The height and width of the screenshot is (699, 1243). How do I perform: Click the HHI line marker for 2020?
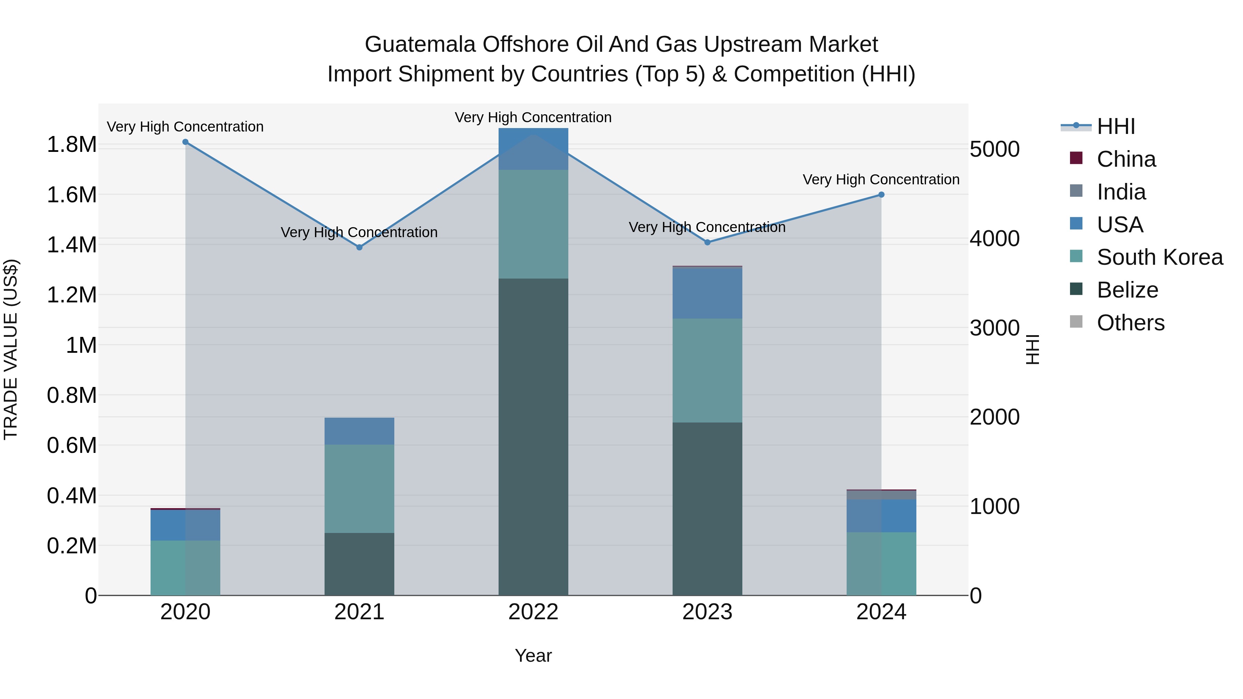(185, 142)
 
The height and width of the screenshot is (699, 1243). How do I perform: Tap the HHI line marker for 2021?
(359, 247)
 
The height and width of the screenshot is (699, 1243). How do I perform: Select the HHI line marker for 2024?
(881, 195)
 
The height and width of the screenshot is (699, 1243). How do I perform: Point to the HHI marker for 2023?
(707, 243)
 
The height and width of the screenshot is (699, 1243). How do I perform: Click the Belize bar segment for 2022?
(533, 437)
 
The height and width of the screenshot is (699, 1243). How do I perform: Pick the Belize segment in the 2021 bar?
(359, 564)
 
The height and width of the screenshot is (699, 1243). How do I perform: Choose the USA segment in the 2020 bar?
(185, 525)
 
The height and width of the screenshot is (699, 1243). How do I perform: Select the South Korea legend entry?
(1159, 257)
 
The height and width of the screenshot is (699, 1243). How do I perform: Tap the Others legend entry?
(1130, 323)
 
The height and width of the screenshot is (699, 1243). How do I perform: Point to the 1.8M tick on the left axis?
(71, 145)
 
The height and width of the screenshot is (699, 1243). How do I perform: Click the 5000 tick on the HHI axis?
(994, 149)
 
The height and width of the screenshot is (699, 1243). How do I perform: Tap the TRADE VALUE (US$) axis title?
(11, 349)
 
